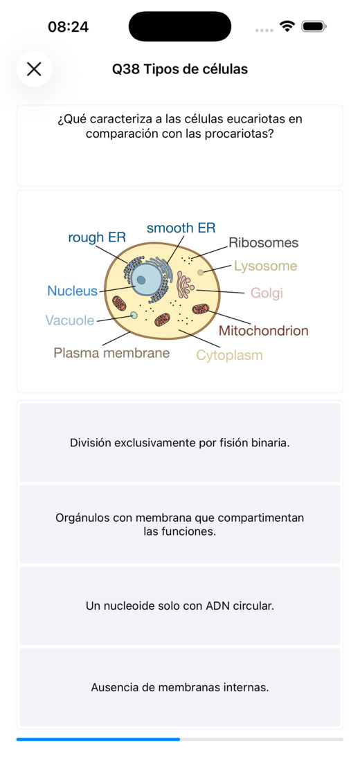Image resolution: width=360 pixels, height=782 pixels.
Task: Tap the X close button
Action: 34,69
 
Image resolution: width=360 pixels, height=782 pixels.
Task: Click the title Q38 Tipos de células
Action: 179,69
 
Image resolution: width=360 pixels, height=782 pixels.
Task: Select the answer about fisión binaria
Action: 180,442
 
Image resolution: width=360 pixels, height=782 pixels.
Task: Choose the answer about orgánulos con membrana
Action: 180,524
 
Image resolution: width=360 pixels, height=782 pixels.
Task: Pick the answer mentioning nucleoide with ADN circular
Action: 180,606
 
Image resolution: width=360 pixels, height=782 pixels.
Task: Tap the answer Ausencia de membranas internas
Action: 180,687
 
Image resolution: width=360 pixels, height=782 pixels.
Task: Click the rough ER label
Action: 97,237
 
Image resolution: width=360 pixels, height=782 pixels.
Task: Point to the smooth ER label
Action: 181,228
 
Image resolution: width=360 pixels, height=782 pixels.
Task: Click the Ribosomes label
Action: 263,242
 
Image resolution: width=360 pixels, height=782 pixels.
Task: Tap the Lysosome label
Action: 266,266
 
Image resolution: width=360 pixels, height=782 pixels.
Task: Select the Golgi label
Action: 267,293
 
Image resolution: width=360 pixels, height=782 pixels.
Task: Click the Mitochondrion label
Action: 263,331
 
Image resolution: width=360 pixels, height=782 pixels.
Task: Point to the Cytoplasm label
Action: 229,355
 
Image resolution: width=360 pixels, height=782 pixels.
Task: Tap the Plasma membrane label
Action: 111,353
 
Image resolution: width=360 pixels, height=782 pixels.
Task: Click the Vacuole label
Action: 70,320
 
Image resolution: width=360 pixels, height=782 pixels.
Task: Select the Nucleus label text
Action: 72,291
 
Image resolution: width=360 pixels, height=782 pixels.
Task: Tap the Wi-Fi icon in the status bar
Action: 287,26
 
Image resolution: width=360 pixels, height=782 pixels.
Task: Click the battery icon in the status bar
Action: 314,26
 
